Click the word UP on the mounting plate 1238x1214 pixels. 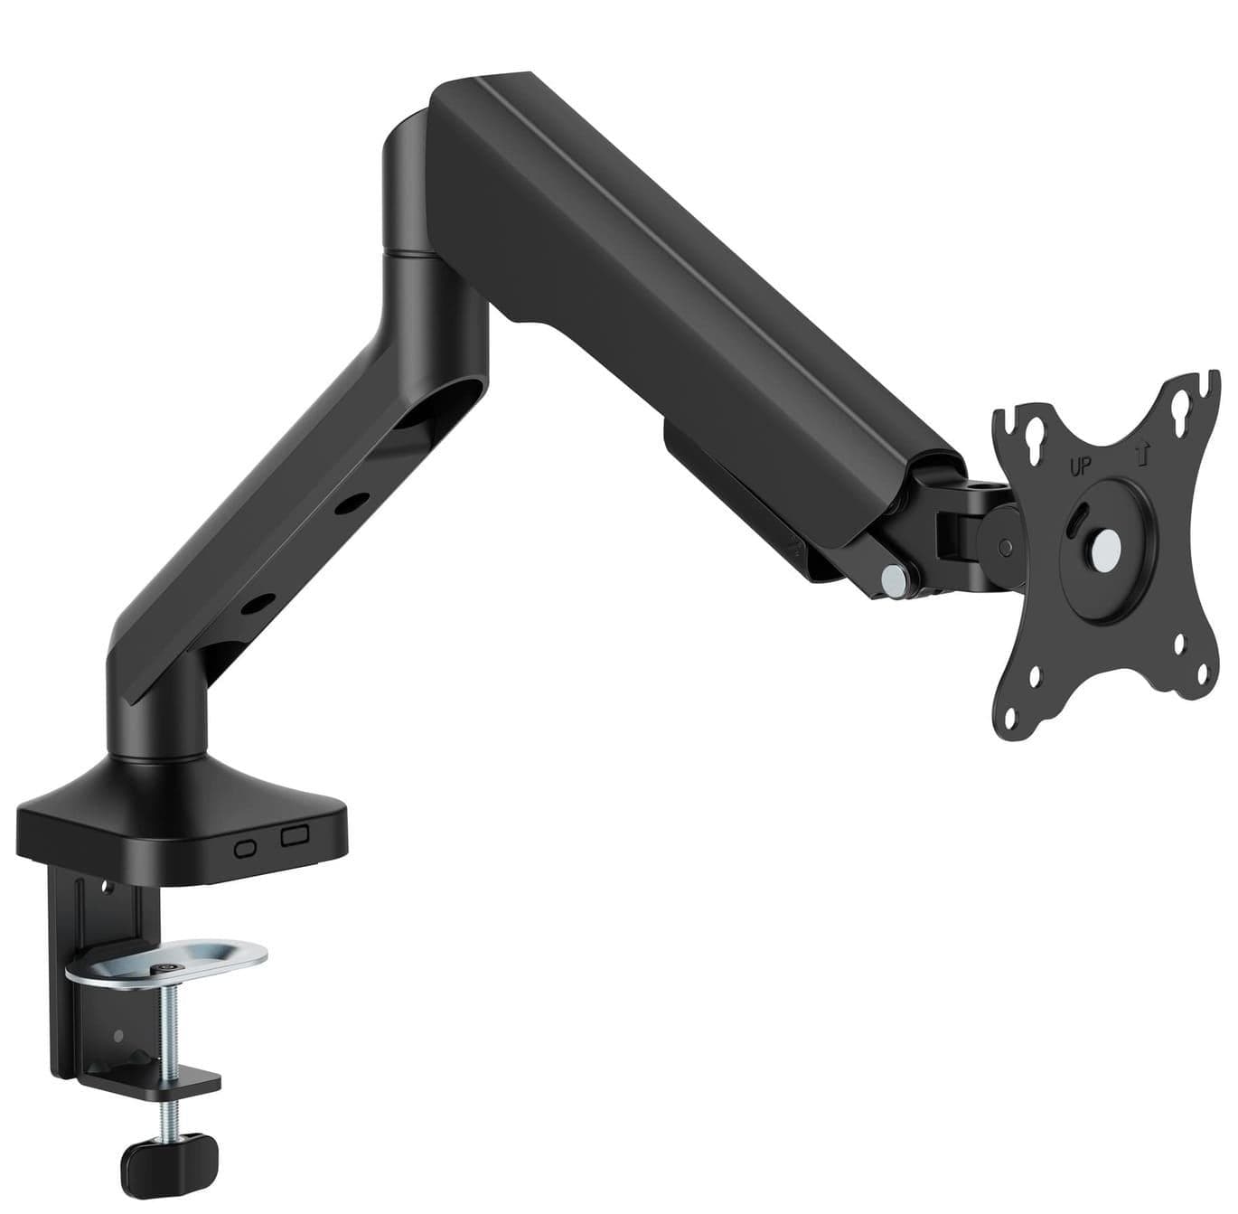[1080, 467]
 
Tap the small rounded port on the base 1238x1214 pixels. [246, 849]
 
